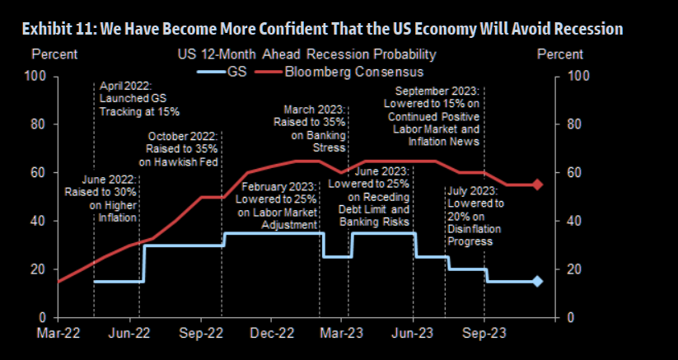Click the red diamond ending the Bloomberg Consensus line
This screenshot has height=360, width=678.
coord(537,185)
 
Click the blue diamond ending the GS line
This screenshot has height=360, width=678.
coord(537,281)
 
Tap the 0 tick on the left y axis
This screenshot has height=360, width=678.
coord(45,317)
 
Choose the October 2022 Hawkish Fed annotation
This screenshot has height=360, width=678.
coord(183,149)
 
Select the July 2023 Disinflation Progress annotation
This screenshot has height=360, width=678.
coord(475,216)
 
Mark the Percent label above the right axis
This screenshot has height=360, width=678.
coord(559,54)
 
